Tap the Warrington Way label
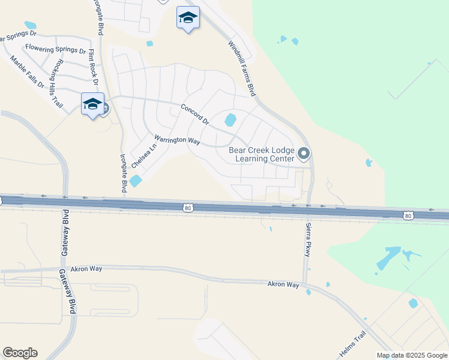click(x=177, y=140)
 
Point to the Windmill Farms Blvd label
click(x=243, y=68)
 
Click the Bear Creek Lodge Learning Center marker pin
click(x=304, y=154)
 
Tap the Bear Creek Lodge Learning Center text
click(x=262, y=155)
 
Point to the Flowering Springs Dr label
click(x=55, y=49)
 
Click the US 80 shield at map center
click(x=188, y=208)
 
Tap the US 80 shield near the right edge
click(x=408, y=215)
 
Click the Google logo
click(x=20, y=353)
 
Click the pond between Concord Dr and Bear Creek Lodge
click(x=230, y=120)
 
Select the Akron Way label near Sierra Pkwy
click(x=283, y=284)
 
